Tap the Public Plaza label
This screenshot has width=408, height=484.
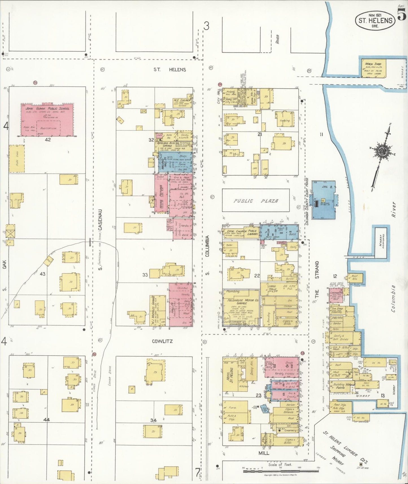256,201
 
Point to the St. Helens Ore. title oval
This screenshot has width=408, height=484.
375,21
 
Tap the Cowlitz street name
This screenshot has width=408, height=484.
162,341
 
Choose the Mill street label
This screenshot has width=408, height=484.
264,453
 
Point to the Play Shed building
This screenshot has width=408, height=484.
17,159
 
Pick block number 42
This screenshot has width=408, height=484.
48,139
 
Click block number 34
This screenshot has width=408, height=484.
153,420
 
